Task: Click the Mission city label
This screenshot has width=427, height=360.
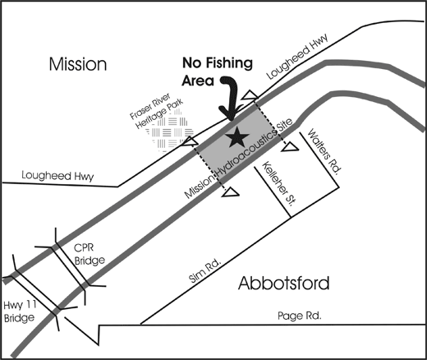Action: [78, 64]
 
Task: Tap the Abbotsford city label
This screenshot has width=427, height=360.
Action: [284, 283]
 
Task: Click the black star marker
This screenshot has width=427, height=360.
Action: [236, 136]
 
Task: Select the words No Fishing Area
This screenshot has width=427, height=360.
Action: [218, 72]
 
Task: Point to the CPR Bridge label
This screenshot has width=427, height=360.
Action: [90, 254]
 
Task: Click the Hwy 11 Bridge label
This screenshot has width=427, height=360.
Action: [20, 312]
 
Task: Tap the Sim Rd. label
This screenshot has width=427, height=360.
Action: [204, 271]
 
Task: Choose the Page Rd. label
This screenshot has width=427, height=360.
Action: [300, 316]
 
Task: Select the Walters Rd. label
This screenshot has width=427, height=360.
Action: [324, 150]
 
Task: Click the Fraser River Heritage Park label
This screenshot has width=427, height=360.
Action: [156, 111]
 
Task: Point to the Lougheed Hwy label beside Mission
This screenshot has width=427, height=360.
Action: [57, 176]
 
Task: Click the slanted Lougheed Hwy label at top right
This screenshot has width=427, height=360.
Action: [297, 57]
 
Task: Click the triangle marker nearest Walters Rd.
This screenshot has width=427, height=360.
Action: [290, 147]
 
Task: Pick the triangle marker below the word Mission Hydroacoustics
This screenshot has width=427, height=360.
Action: [231, 192]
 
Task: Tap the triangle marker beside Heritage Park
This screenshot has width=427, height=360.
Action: [190, 141]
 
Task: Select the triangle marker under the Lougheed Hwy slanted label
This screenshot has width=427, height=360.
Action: [250, 95]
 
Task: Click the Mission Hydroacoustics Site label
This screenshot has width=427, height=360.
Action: [239, 159]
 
